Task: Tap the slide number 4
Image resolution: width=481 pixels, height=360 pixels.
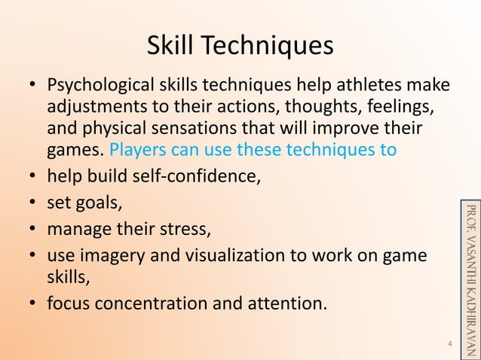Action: pos(449,345)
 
